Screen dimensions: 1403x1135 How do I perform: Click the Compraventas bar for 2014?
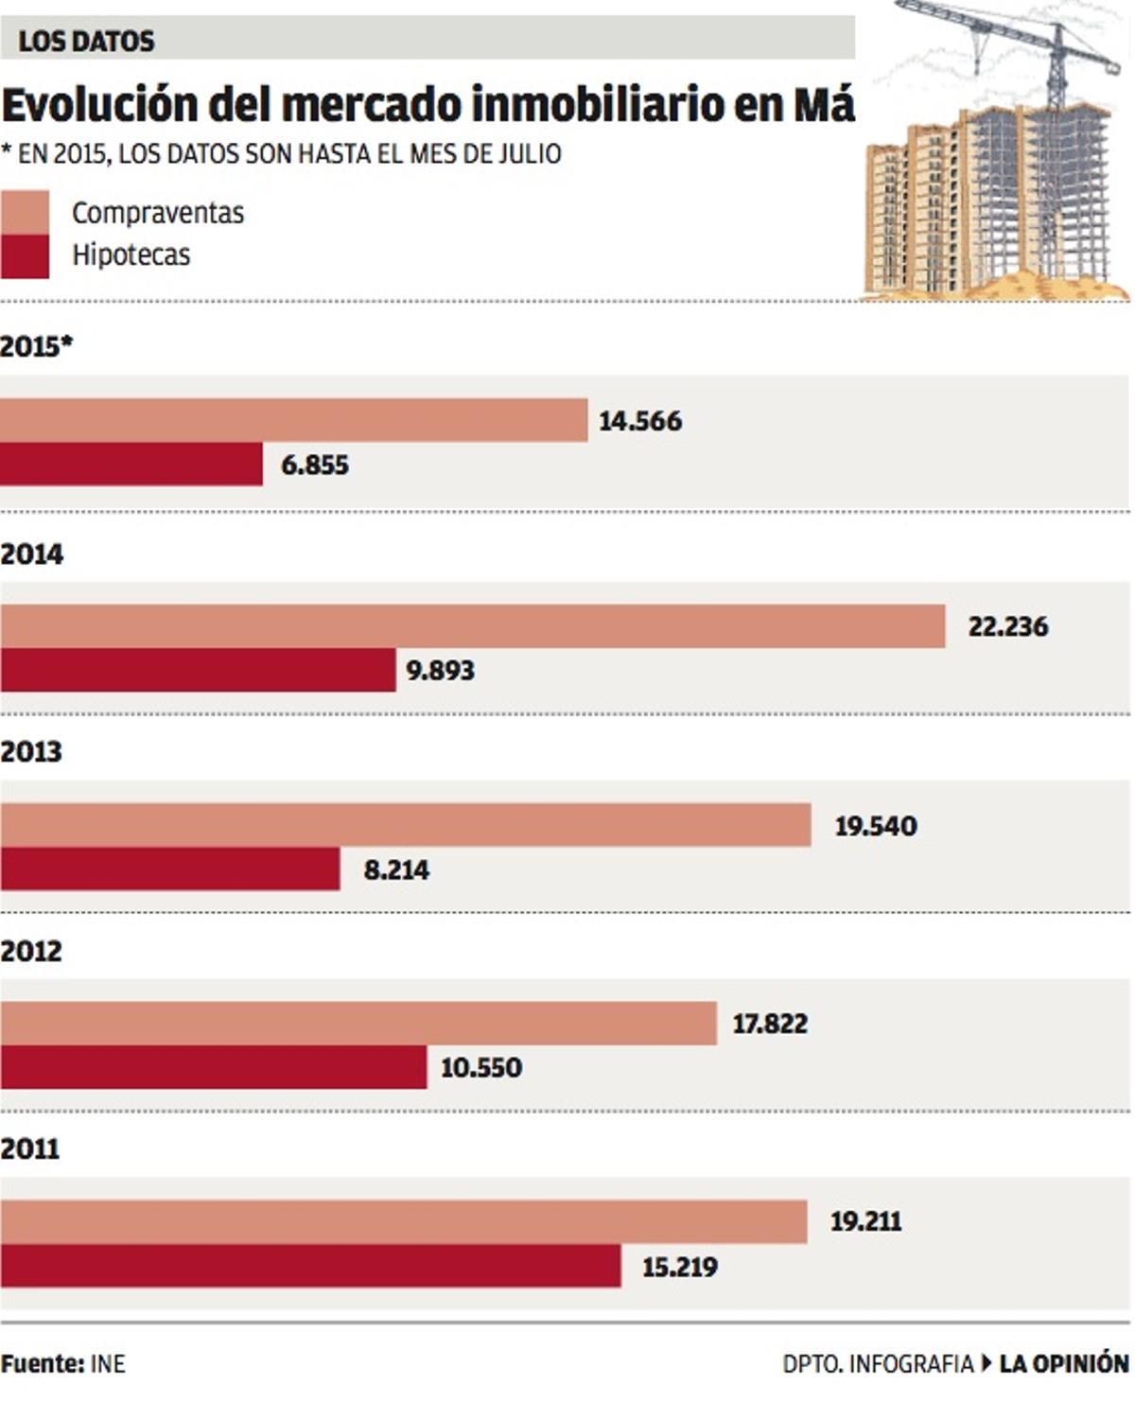pyautogui.click(x=473, y=626)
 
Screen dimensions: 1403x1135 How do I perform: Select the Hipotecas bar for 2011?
pyautogui.click(x=310, y=1266)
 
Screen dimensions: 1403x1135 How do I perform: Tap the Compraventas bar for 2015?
pyautogui.click(x=293, y=420)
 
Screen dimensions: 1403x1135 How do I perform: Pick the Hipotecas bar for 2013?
pyautogui.click(x=170, y=868)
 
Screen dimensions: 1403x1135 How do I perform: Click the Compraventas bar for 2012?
pyautogui.click(x=358, y=1023)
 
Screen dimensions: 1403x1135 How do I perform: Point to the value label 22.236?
pyautogui.click(x=1007, y=626)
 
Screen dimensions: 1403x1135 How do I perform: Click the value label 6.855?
pyautogui.click(x=315, y=465)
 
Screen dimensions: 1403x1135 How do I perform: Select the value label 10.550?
pyautogui.click(x=480, y=1067)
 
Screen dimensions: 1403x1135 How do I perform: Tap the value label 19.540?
pyautogui.click(x=875, y=826)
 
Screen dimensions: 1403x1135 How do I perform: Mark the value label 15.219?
pyautogui.click(x=679, y=1267)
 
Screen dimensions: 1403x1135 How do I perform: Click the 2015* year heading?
pyautogui.click(x=36, y=346)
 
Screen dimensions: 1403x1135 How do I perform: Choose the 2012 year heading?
pyautogui.click(x=31, y=951)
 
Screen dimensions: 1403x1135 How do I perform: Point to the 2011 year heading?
pyautogui.click(x=30, y=1149)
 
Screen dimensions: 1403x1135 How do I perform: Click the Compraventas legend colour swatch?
pyautogui.click(x=25, y=212)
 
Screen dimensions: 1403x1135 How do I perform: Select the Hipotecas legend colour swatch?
pyautogui.click(x=25, y=256)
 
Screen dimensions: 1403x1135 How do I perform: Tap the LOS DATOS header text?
pyautogui.click(x=86, y=41)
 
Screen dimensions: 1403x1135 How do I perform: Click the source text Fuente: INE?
pyautogui.click(x=62, y=1363)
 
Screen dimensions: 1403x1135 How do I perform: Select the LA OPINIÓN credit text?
pyautogui.click(x=1063, y=1363)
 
